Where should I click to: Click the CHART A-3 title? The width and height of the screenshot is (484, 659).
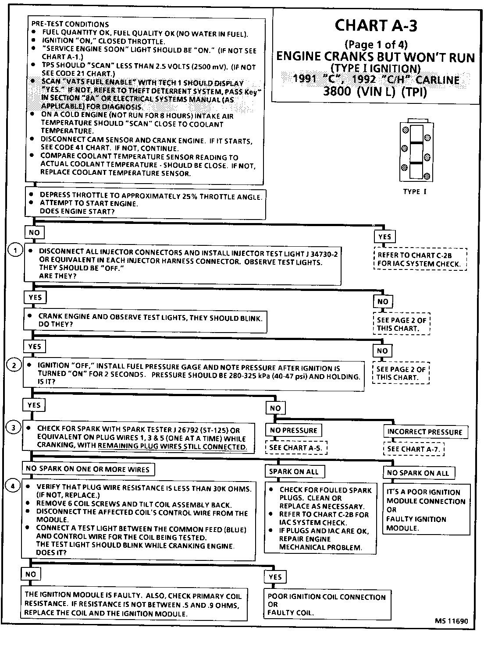click(376, 26)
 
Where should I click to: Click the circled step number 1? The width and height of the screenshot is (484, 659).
click(15, 250)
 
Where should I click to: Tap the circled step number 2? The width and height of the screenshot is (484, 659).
click(14, 365)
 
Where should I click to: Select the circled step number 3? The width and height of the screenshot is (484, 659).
click(14, 427)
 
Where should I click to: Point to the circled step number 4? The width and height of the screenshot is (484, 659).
click(13, 485)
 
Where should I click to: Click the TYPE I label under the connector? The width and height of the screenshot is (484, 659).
click(414, 191)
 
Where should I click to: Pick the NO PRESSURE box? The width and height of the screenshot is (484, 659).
click(293, 430)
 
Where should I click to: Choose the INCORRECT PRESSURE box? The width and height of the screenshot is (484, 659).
click(425, 432)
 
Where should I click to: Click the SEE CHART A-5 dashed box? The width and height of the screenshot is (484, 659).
click(295, 448)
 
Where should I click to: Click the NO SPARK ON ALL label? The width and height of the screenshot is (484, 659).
click(418, 473)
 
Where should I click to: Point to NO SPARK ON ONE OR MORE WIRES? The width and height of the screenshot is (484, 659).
click(87, 469)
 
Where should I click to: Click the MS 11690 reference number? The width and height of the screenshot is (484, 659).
click(451, 621)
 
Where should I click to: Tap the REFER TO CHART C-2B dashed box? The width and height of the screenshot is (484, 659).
click(420, 259)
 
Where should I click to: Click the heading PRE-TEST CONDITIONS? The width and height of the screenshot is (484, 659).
click(70, 24)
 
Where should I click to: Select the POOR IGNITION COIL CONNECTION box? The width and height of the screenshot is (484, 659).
click(327, 605)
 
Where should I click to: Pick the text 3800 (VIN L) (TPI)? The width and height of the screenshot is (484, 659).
click(374, 92)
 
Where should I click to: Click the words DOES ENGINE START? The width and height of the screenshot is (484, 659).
click(77, 211)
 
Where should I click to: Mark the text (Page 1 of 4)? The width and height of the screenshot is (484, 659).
click(376, 44)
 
